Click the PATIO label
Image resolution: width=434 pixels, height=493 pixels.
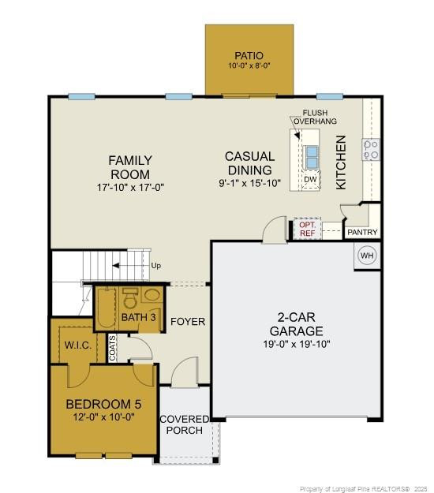pos(249,55)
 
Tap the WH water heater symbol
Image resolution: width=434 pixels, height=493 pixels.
pos(367,255)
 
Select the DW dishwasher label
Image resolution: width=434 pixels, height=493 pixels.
pos(311,180)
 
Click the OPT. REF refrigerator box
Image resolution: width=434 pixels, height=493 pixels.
pos(307,229)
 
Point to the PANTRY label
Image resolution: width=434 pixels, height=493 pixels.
pos(362,233)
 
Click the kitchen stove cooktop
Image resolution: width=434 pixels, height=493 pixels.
pos(370,149)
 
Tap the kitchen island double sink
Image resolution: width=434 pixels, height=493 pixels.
pos(312,157)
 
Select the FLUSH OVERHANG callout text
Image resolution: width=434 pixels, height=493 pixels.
pos(315,117)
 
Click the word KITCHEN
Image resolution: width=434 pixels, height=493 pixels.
pos(342,162)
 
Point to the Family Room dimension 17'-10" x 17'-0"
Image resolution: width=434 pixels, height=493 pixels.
pos(130,188)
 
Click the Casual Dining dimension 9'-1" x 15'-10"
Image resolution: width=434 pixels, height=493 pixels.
pos(249,183)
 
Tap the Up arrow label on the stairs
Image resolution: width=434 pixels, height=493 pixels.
pos(155,266)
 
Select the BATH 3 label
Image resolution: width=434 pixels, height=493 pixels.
pos(139,317)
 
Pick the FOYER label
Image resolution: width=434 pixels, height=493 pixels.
pos(188,322)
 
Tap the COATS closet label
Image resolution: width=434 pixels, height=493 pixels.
pos(113,348)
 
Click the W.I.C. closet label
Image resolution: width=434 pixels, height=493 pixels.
pos(80,345)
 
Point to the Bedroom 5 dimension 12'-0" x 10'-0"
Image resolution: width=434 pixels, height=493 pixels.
pos(104,416)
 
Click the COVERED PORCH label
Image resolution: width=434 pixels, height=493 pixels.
pos(185,424)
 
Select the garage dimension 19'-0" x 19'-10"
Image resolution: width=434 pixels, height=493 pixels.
pos(296,344)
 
